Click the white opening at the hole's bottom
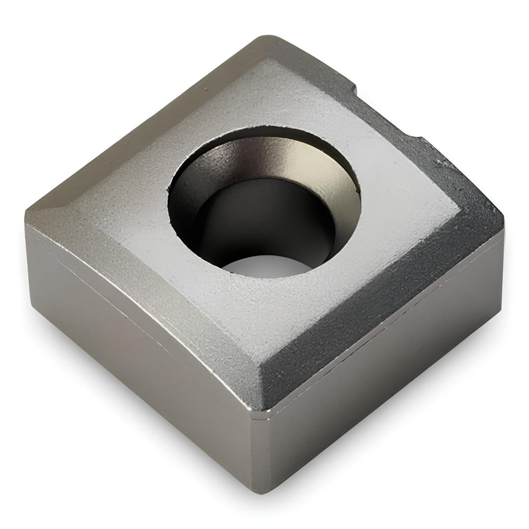click(264, 264)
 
